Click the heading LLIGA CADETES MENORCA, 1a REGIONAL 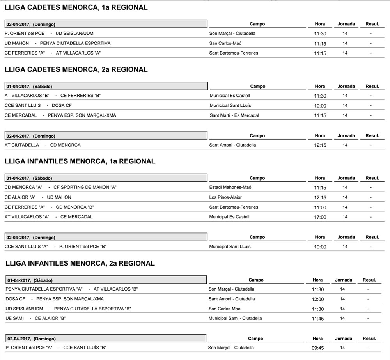coord(76,7)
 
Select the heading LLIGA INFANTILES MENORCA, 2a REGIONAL coord(81,263)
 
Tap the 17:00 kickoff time coord(320,217)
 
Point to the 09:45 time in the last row coord(317,348)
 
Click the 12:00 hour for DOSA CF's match coord(317,300)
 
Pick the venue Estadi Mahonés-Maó coord(230,187)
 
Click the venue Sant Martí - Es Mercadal coord(234,115)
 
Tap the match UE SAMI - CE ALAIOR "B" coord(35,318)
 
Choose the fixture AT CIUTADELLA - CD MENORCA coord(43,145)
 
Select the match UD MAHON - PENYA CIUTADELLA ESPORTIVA coord(57,43)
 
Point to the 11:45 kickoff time coord(317,319)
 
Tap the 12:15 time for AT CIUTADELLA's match coord(320,145)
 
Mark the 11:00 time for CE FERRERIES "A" coord(320,207)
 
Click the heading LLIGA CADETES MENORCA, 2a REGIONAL coord(76,70)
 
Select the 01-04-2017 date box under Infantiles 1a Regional coord(106,178)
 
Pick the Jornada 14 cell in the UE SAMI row coord(342,318)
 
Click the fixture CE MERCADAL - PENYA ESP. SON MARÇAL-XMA coord(60,115)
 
